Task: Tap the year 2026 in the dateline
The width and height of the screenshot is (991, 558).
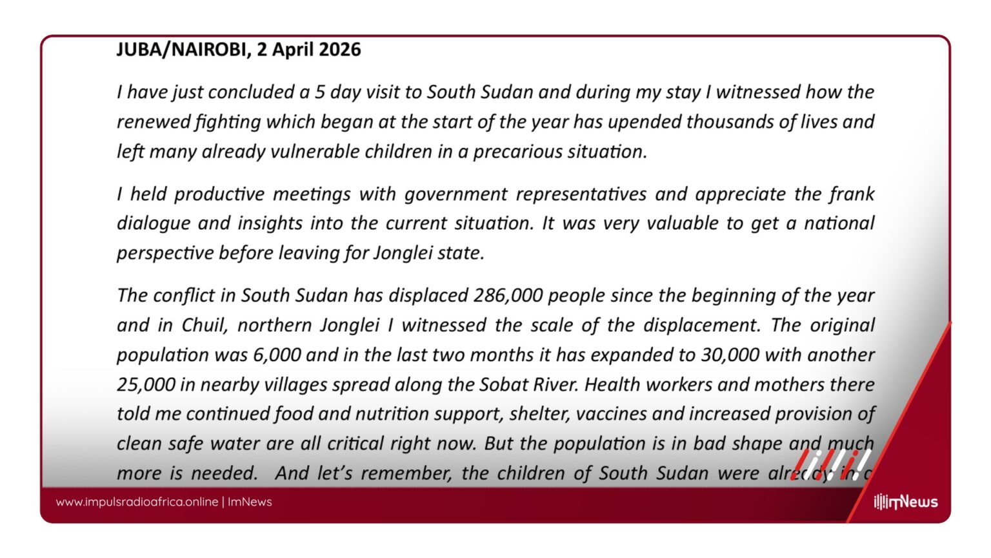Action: [x=339, y=50]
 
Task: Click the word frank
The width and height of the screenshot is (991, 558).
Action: [x=852, y=194]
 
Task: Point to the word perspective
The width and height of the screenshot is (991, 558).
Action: [x=165, y=253]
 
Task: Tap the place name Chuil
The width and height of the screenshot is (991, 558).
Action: [x=205, y=325]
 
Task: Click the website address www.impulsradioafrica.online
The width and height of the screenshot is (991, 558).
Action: [x=137, y=502]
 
